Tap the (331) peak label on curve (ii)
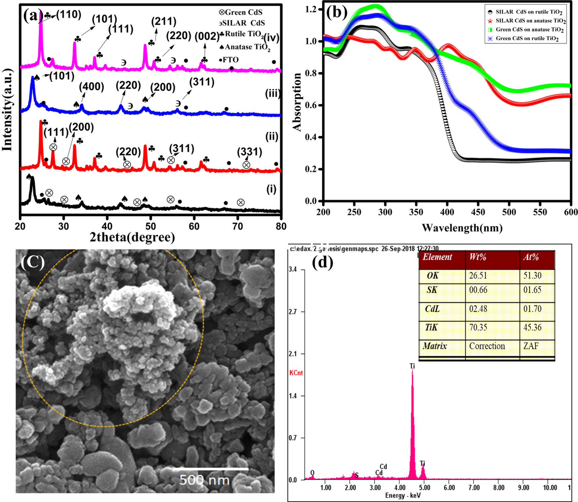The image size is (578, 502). (249, 152)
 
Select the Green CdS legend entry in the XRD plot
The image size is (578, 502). (241, 12)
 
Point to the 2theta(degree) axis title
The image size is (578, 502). (132, 237)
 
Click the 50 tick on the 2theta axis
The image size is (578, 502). (151, 226)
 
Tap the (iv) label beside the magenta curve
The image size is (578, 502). (272, 38)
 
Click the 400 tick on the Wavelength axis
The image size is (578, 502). (447, 212)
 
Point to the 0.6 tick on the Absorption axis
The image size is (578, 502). (311, 105)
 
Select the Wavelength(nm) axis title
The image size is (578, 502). (462, 228)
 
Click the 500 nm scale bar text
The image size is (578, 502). (204, 480)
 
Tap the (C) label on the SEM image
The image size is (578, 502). (33, 262)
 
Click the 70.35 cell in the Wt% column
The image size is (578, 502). (478, 327)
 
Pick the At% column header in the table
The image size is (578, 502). (531, 257)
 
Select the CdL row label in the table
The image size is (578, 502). (432, 309)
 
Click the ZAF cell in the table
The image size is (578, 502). (531, 346)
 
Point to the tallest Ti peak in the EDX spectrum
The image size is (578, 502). (412, 373)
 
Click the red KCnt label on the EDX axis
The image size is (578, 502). (296, 373)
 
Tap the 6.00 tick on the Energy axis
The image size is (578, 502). (449, 488)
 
